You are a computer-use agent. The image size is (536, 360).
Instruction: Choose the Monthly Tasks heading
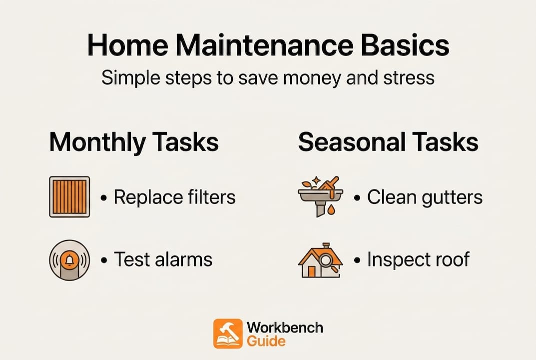133,142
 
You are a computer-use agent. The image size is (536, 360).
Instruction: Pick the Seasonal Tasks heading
388,142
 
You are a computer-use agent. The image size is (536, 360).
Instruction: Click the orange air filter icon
69,196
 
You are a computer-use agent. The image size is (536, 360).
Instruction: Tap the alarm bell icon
69,260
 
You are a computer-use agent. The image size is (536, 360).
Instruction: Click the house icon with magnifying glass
320,260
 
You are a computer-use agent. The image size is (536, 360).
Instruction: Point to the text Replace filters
174,197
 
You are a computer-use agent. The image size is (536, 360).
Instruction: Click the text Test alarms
163,259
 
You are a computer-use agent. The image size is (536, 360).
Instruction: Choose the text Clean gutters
425,197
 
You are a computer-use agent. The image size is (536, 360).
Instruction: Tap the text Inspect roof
418,259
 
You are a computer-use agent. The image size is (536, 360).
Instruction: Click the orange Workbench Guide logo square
228,333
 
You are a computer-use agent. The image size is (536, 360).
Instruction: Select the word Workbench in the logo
285,328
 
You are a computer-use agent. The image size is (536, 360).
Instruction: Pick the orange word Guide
266,341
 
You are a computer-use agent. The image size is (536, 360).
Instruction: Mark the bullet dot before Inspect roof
357,260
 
